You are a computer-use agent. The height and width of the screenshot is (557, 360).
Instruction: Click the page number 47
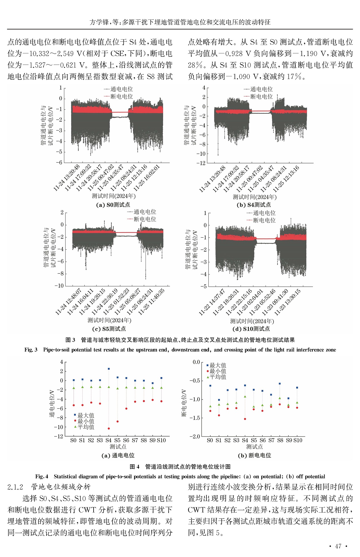(338, 546)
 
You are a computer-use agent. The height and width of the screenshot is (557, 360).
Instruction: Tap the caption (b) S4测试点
(253, 205)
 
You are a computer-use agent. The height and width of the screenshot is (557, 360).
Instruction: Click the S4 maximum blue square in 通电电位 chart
(109, 369)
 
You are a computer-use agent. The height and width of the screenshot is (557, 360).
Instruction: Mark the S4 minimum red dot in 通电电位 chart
(109, 428)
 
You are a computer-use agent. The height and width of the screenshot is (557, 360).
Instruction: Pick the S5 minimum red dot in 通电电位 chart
(117, 422)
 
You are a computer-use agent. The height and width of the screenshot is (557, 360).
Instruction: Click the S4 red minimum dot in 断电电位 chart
(245, 419)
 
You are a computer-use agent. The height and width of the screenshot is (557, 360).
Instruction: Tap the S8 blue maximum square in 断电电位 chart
(280, 384)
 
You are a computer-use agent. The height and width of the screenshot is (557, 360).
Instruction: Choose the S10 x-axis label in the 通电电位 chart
(161, 440)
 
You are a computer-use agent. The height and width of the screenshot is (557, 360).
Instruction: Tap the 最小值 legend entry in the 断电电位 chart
(218, 371)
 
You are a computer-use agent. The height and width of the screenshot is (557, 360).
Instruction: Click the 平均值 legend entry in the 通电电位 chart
(86, 427)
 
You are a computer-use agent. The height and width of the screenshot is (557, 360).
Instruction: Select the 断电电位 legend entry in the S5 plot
(145, 219)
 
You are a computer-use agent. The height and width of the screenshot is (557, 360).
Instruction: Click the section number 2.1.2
(15, 487)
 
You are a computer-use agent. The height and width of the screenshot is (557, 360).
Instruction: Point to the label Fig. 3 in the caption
(31, 350)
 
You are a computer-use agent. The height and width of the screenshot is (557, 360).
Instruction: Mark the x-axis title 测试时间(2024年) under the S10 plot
(252, 321)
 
